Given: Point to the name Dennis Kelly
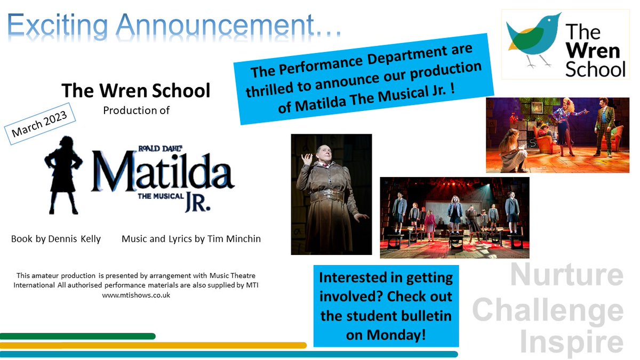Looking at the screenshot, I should (x=79, y=239).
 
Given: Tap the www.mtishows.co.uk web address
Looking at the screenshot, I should (x=136, y=295).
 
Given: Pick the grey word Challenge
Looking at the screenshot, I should (x=548, y=311).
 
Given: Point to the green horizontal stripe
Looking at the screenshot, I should (x=78, y=337).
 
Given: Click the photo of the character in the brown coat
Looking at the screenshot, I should (x=331, y=194).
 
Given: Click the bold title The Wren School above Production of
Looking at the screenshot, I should (x=135, y=91).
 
